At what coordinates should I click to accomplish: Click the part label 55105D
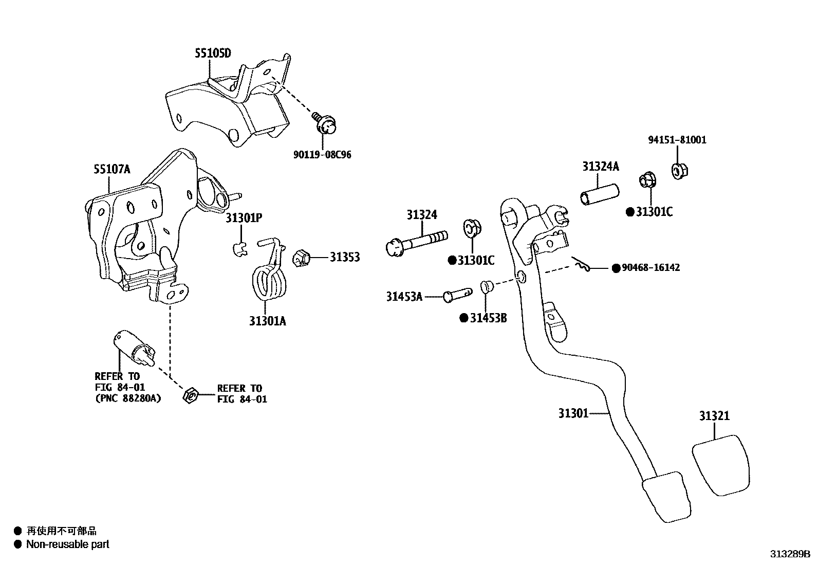tap(213, 53)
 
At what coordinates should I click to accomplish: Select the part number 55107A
tap(112, 169)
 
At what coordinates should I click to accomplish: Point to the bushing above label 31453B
tap(486, 287)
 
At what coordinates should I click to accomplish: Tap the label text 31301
tap(573, 413)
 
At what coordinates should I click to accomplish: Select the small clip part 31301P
tap(238, 249)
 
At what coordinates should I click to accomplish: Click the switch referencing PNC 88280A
tap(132, 349)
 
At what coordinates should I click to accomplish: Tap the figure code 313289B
tap(790, 554)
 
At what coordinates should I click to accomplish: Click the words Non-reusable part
tap(68, 544)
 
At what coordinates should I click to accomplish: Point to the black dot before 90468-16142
tap(616, 268)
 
